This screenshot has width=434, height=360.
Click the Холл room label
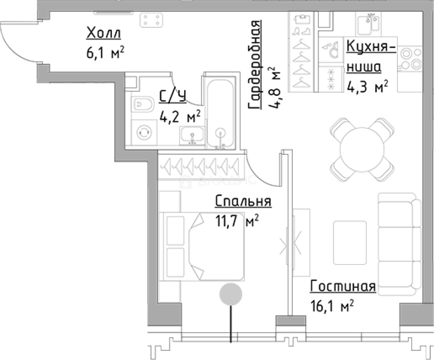point(103,33)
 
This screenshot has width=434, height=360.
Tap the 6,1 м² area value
point(105,53)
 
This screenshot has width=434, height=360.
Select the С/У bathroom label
point(172,96)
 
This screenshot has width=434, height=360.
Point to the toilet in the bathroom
point(143,104)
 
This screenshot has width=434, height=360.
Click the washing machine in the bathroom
point(144,132)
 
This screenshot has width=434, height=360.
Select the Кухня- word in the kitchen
point(371,46)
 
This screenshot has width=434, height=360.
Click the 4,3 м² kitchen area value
point(367,87)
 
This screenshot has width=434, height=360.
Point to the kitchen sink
point(369,24)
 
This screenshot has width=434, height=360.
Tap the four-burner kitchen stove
point(410,59)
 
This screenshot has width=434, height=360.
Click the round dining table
point(362,149)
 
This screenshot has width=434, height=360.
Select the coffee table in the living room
point(350,243)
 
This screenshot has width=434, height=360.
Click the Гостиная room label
point(343,286)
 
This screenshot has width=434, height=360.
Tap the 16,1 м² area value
point(332,306)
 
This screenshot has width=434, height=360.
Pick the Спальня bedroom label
point(243,201)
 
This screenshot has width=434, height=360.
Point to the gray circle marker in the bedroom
point(231,294)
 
